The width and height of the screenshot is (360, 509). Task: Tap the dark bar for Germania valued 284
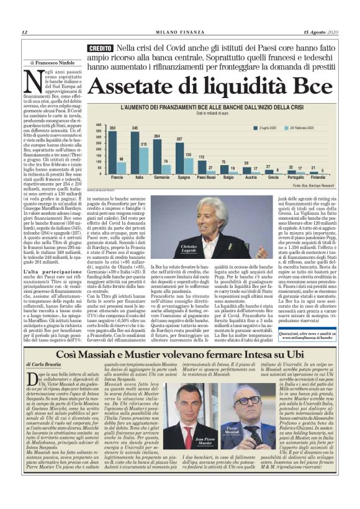tap(157, 156)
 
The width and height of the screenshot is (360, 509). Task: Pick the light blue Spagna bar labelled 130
tap(188, 165)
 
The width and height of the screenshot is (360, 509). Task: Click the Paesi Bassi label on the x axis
tap(206, 178)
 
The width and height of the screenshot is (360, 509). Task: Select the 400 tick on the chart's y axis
tap(98, 124)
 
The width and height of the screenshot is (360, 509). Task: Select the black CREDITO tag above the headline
tap(101, 48)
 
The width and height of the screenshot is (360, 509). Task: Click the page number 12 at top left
tap(24, 32)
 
